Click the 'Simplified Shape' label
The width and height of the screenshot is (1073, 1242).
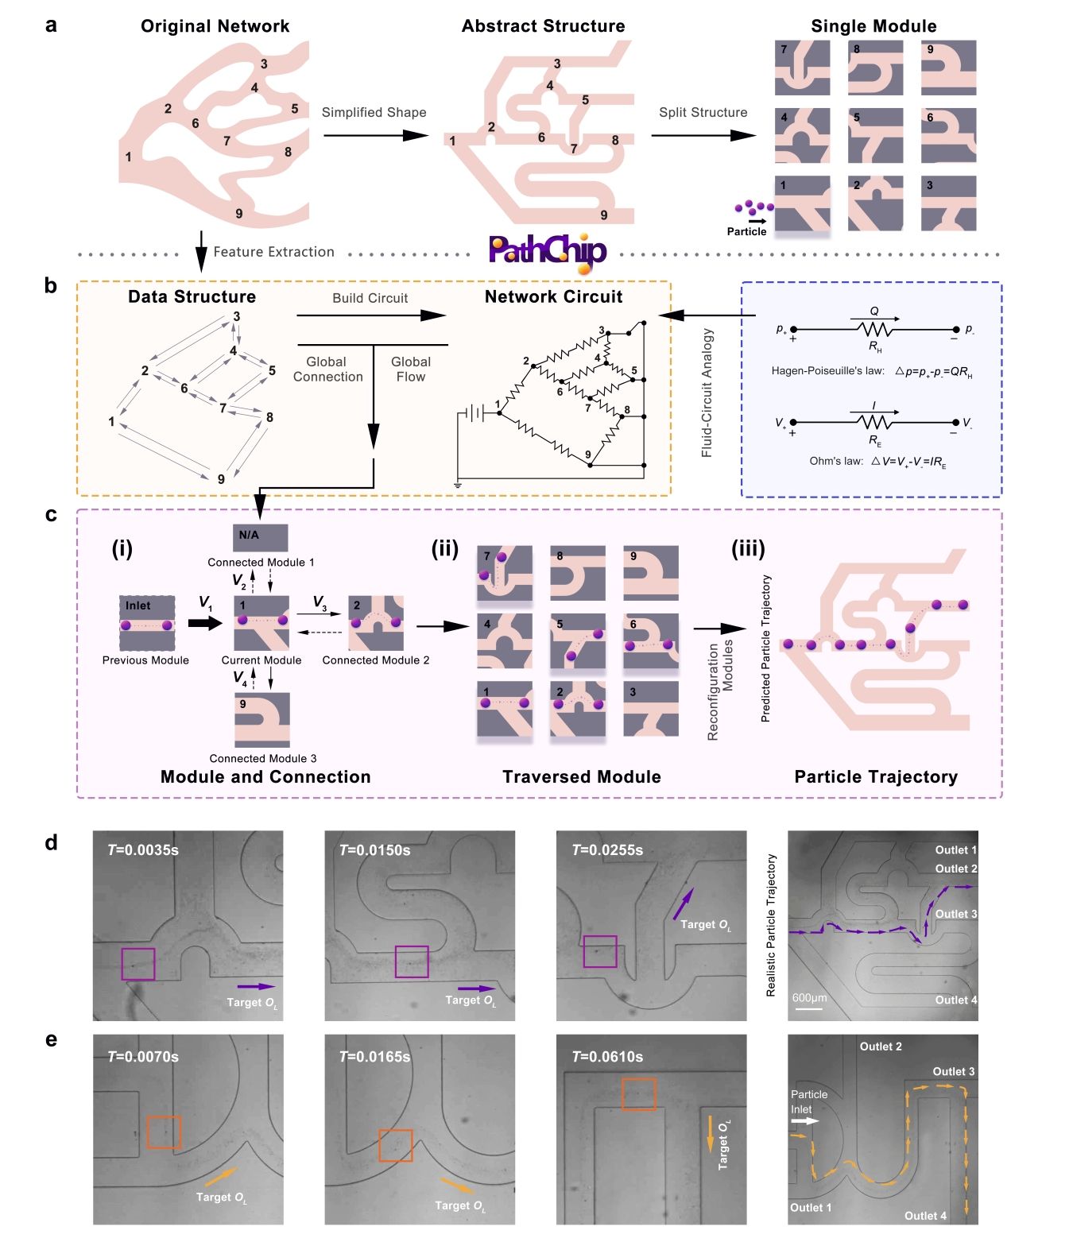point(374,113)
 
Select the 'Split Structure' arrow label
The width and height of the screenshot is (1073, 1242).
point(703,113)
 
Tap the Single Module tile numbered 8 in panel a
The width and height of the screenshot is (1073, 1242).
point(875,68)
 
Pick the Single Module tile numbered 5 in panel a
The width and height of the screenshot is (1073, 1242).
point(875,136)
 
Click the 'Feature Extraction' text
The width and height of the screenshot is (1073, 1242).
point(273,252)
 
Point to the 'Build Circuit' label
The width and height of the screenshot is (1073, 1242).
point(370,299)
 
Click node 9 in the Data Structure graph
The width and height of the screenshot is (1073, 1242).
point(221,479)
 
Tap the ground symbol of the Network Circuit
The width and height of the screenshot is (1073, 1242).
point(458,484)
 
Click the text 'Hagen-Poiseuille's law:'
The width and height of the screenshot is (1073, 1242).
point(827,371)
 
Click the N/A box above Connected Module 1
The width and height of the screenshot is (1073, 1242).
point(260,537)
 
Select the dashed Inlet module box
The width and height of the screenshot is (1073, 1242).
point(146,623)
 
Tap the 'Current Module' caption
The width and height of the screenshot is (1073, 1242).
point(261,660)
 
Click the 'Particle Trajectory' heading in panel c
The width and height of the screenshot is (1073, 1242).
point(876,777)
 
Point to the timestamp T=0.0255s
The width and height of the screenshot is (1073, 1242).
point(607,850)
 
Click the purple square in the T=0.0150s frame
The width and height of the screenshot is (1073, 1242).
point(412,961)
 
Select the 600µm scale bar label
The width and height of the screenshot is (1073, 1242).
point(809,998)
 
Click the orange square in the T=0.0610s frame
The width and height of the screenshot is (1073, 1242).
point(639,1093)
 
